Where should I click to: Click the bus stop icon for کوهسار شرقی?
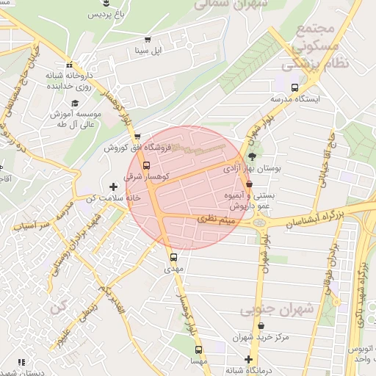(146, 165)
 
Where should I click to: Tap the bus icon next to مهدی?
(174, 258)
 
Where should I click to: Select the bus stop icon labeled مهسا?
(198, 350)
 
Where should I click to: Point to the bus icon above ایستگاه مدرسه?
(294, 87)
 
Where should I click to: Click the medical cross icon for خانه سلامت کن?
(112, 187)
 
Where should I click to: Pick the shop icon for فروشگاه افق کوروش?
(137, 137)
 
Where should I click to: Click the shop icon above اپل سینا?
(148, 40)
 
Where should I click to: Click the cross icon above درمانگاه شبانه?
(249, 359)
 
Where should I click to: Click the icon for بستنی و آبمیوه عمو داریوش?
(249, 184)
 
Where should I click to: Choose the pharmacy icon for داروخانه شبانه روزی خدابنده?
(69, 64)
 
